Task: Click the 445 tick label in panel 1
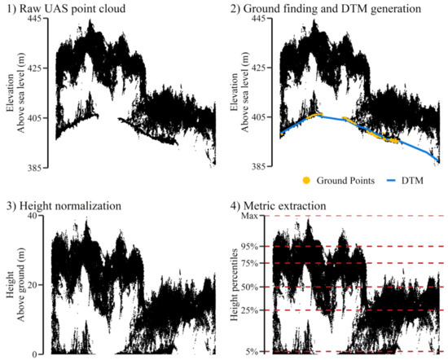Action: click(x=37, y=18)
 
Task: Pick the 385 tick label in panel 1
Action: click(x=37, y=166)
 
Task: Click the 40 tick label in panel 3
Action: click(x=39, y=215)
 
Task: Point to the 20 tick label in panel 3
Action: click(x=39, y=284)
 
